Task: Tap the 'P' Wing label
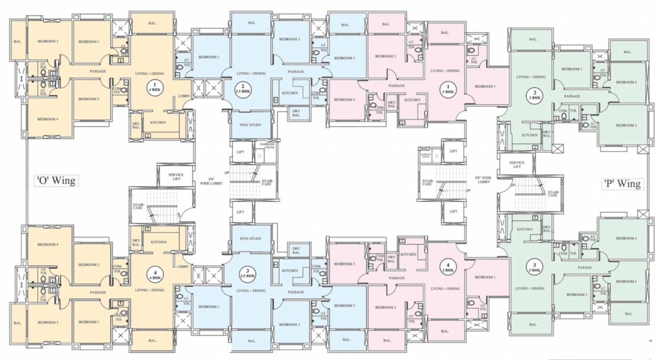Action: [x=622, y=184]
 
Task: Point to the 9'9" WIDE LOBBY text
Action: [x=212, y=181]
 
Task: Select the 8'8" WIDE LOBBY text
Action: [x=483, y=180]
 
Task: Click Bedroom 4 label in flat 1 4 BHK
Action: [x=48, y=119]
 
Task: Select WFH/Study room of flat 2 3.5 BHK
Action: [x=250, y=125]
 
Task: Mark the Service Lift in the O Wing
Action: [x=176, y=177]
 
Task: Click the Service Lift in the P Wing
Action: [x=517, y=165]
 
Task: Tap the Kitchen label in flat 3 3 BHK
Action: [x=525, y=229]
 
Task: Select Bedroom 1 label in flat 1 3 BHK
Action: [x=485, y=86]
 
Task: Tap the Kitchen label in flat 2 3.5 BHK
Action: [x=290, y=93]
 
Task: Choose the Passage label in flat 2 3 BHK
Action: [x=572, y=96]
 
